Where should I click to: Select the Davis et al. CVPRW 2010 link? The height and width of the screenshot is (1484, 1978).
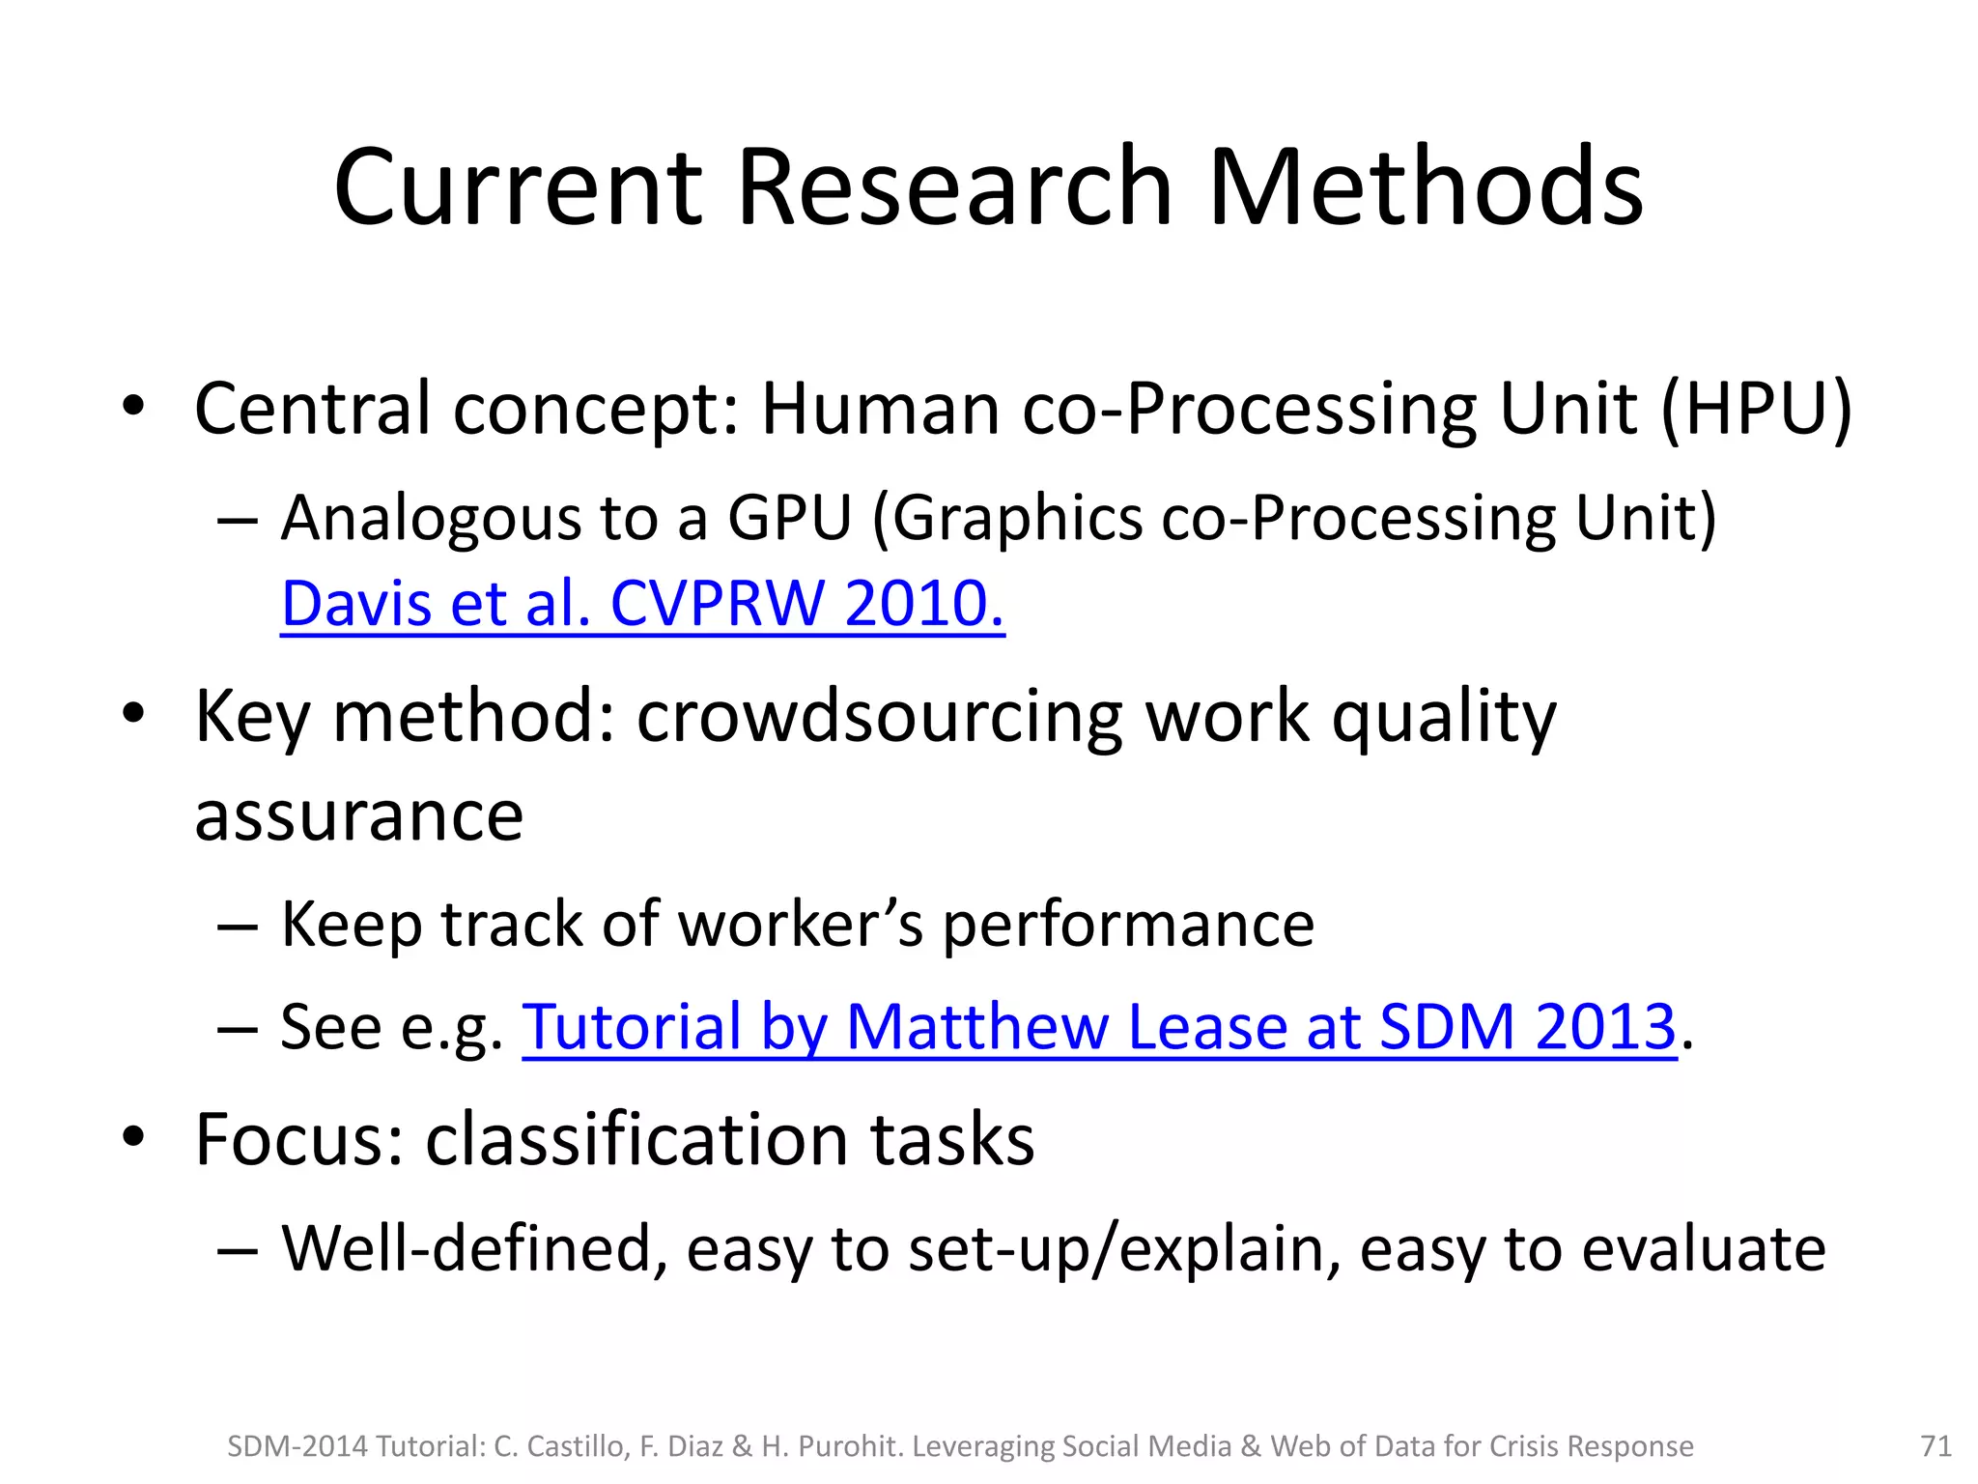point(642,604)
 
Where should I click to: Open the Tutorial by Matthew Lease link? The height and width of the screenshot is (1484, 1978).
point(1099,1026)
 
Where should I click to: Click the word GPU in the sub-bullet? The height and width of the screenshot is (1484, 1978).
point(789,518)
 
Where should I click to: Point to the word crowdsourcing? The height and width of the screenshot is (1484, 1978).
point(880,718)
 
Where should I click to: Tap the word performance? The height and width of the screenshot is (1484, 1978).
point(1128,926)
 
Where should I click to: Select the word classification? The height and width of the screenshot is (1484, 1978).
point(636,1140)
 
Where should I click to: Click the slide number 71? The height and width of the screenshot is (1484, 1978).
point(1936,1446)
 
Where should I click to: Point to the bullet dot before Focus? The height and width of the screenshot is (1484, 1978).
point(133,1136)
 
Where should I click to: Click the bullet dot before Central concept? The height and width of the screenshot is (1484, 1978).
point(133,406)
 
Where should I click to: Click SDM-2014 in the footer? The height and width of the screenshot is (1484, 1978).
point(297,1446)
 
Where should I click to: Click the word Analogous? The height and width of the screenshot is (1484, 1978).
point(431,520)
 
